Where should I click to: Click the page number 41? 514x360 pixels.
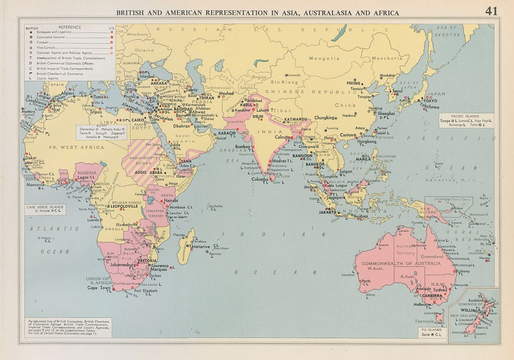pos(491,11)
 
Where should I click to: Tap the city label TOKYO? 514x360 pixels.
pos(430,101)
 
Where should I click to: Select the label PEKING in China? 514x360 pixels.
pos(354,83)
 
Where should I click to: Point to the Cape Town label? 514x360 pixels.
pos(99,288)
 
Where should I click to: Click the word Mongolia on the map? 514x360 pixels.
pos(323,58)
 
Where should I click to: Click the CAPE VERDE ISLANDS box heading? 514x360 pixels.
pos(45,206)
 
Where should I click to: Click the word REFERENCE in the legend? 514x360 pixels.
pos(70,27)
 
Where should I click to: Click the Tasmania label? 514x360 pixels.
pos(424,322)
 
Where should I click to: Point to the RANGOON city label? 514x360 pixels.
pos(302,155)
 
